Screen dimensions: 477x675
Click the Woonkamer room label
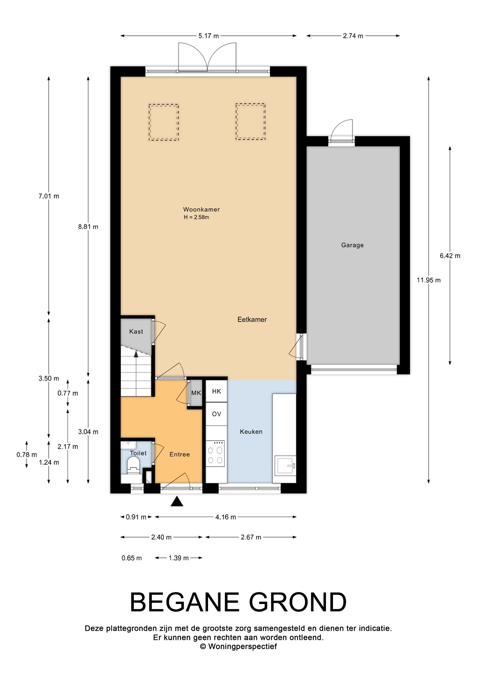point(201,210)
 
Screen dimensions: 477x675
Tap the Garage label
point(352,245)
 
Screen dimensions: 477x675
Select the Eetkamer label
point(252,320)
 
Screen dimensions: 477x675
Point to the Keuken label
point(251,432)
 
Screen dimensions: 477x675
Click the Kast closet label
point(136,332)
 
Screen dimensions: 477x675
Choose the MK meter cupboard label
point(196,393)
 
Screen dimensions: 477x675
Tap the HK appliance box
point(216,391)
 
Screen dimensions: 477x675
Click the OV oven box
point(216,414)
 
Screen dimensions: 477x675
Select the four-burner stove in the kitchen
point(215,454)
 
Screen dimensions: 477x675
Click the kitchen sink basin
point(285,466)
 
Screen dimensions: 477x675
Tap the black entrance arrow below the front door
point(177,502)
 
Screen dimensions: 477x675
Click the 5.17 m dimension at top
point(209,36)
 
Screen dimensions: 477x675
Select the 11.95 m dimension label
point(429,280)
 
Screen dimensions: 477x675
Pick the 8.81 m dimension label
point(88,227)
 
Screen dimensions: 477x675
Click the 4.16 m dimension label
point(226,517)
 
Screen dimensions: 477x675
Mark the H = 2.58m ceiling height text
point(196,217)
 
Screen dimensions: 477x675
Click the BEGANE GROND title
point(238,602)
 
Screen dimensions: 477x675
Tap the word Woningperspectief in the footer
point(242,647)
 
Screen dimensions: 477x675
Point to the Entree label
point(179,454)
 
